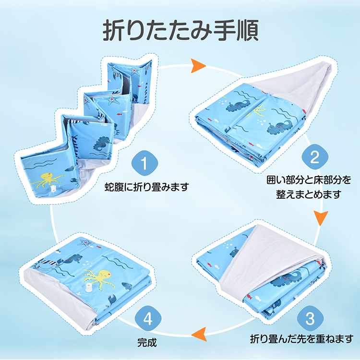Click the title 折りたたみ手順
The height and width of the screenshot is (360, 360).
(180, 31)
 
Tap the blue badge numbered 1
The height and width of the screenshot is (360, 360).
(144, 163)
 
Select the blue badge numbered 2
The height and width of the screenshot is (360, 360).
(314, 157)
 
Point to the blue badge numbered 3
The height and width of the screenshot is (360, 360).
(310, 318)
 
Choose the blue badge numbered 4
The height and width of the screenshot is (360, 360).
(148, 318)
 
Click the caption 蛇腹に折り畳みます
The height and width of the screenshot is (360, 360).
(147, 187)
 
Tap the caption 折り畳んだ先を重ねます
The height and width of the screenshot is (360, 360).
(302, 339)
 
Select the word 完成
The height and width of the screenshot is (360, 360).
(147, 343)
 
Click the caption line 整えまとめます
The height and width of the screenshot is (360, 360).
(308, 194)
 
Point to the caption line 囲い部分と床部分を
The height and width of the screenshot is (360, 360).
(309, 180)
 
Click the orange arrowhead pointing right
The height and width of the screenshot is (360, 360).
(198, 66)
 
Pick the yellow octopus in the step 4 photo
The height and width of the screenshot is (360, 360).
(101, 278)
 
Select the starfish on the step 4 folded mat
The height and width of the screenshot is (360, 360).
(85, 242)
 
